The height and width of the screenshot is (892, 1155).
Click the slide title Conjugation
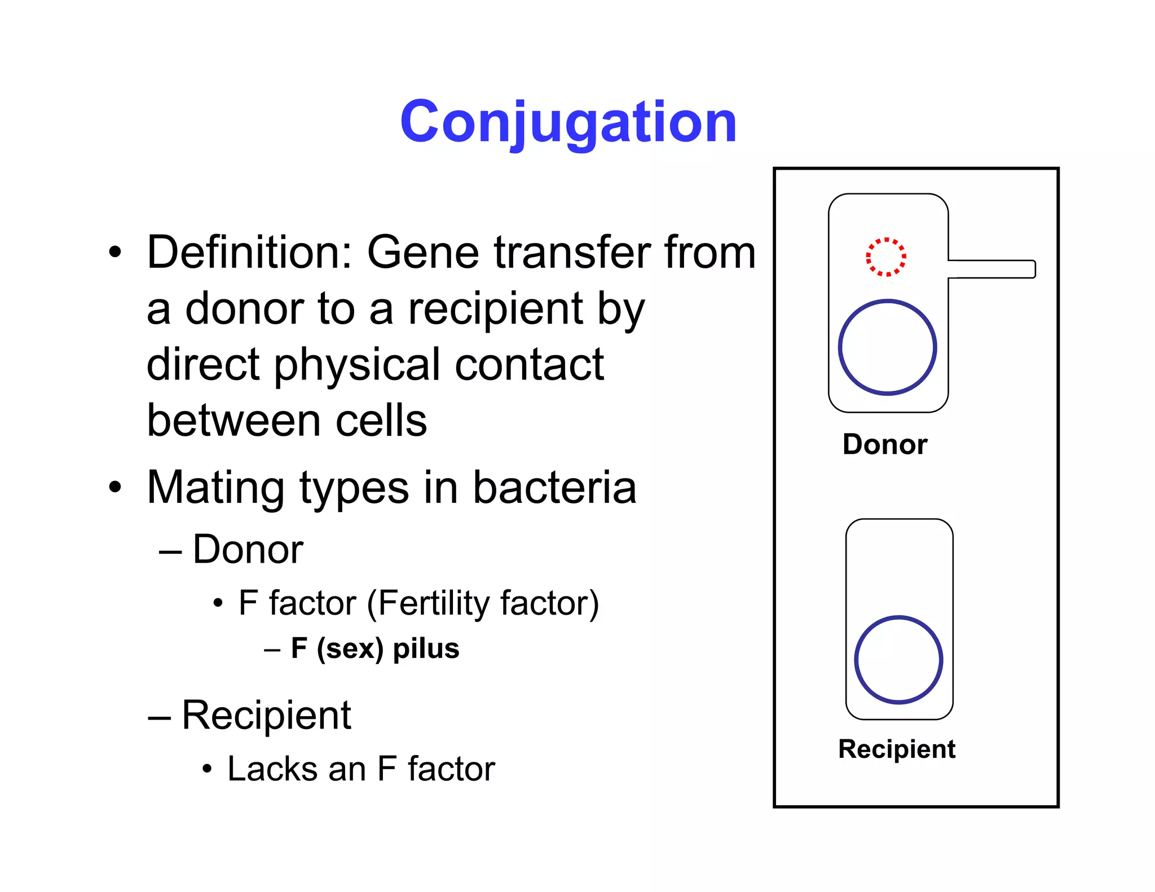click(x=568, y=122)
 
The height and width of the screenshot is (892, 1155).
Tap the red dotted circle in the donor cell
click(x=886, y=257)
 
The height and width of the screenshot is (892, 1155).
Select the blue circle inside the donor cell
click(x=887, y=301)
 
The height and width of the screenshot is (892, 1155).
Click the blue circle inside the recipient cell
click(x=898, y=617)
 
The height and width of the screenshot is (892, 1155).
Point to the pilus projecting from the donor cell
click(x=993, y=269)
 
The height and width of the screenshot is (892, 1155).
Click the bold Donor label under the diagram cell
click(x=884, y=444)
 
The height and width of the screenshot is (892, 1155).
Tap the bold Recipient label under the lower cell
click(x=897, y=749)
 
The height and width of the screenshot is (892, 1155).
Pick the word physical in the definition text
click(x=358, y=365)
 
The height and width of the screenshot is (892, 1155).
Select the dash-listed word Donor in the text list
click(x=248, y=549)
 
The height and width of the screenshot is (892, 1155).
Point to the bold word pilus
click(x=426, y=649)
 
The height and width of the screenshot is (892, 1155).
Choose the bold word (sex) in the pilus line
click(x=350, y=649)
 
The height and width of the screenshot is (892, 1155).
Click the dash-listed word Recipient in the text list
click(x=266, y=715)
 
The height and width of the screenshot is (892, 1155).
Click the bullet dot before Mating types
click(x=115, y=487)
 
